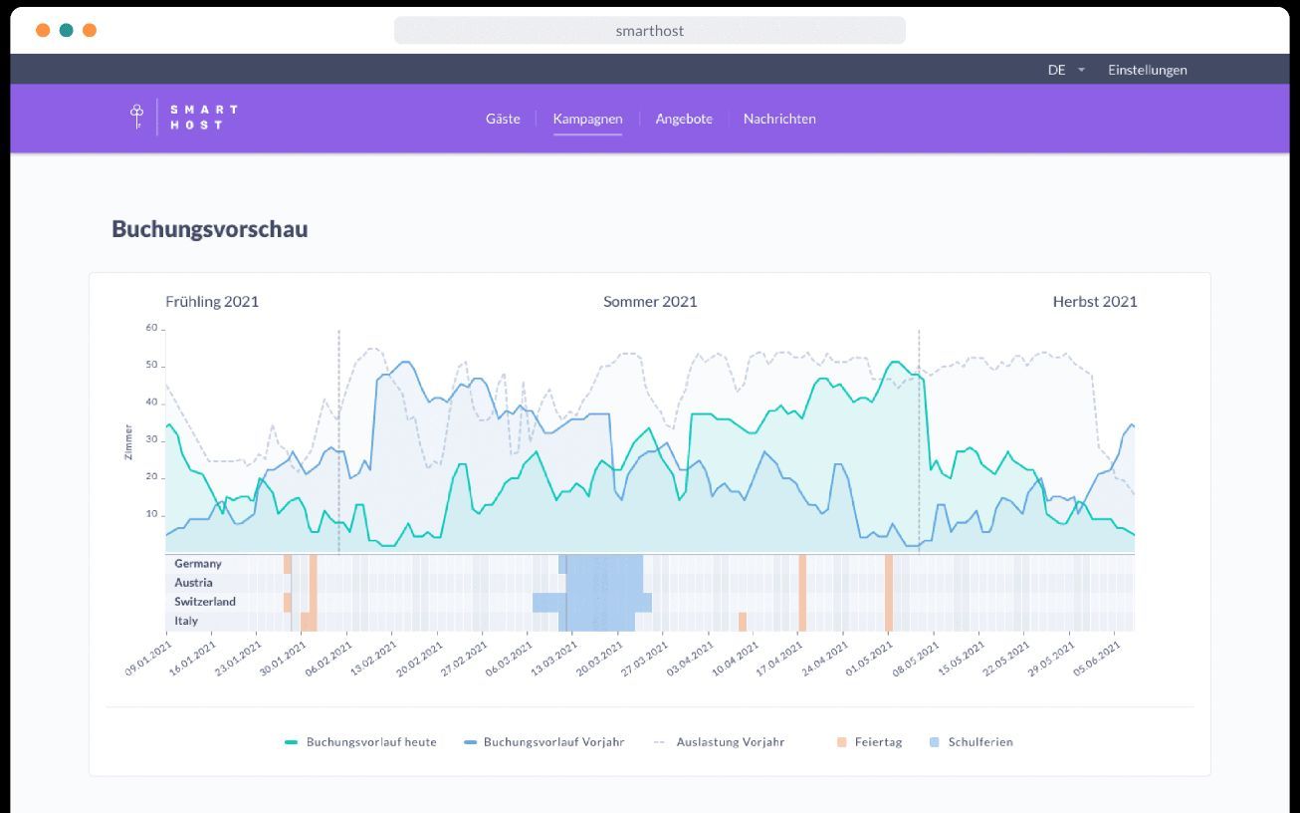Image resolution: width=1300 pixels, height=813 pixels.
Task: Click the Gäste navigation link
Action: [x=503, y=119]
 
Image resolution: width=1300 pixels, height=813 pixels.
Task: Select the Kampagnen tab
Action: [x=587, y=119]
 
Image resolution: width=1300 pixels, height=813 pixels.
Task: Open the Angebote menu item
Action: [x=684, y=119]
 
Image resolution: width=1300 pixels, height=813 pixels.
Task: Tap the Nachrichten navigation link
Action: [x=779, y=119]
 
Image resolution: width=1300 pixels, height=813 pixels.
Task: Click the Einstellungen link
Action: [x=1148, y=70]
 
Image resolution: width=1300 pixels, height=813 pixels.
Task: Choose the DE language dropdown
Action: [x=1065, y=70]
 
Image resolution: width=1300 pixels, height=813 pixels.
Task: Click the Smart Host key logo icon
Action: [x=137, y=117]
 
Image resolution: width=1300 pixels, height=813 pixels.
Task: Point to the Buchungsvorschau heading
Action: [x=209, y=229]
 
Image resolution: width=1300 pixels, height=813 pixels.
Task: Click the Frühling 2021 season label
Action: [x=212, y=302]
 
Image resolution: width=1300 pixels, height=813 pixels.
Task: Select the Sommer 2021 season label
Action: [x=650, y=302]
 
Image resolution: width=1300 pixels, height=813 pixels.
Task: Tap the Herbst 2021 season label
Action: [x=1095, y=302]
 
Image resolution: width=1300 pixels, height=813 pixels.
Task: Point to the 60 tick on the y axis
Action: [x=151, y=328]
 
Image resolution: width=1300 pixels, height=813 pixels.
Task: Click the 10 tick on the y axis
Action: [x=151, y=513]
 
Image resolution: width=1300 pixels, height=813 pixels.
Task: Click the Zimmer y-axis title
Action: [x=128, y=442]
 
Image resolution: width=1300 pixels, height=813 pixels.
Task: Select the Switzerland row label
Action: [x=205, y=602]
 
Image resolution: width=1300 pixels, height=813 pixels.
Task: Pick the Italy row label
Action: [x=186, y=621]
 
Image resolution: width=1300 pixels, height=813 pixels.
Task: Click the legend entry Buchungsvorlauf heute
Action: [x=360, y=742]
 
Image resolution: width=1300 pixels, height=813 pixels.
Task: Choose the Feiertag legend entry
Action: [x=869, y=742]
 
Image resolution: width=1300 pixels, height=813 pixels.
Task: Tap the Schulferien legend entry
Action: [x=971, y=742]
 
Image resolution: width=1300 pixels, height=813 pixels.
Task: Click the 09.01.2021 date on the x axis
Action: [x=148, y=659]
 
